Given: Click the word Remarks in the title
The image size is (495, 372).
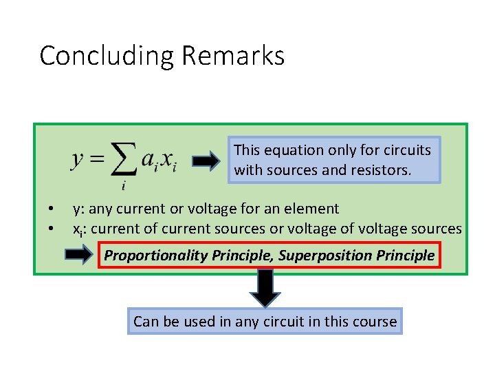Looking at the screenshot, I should [x=234, y=55].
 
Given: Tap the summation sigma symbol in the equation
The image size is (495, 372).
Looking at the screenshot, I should [x=123, y=161].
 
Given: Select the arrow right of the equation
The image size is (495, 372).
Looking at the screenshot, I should [x=206, y=161].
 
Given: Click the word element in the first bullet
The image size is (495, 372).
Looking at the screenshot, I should [x=315, y=209].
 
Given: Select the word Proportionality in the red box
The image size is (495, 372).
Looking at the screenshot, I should [x=156, y=256].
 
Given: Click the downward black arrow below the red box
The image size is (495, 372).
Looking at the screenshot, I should [x=265, y=287].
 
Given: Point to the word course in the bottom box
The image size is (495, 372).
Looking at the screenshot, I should [x=375, y=321].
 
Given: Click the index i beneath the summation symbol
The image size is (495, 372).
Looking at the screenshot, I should [x=122, y=185].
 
